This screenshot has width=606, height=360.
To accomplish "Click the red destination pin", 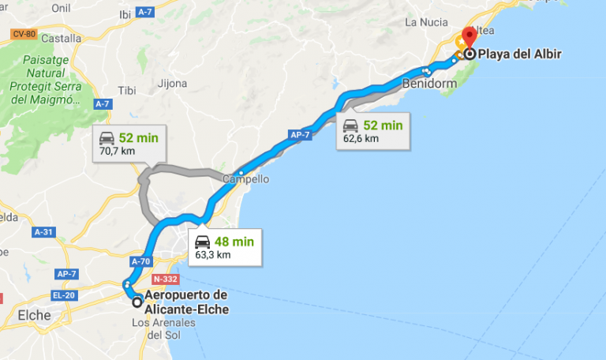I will coord(469,38).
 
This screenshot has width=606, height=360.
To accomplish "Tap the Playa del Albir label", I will coord(515,54).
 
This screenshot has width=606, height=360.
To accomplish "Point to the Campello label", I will coord(245,179).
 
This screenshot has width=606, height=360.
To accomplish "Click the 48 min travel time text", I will coord(234,242).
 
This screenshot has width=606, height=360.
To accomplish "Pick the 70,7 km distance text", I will coord(118,150).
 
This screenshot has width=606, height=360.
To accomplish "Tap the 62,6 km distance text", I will coord(361,138).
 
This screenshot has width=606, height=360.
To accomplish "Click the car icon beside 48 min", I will coord(203,242).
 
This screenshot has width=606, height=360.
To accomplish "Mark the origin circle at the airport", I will coord(137,302).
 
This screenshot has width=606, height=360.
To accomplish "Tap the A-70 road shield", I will coord(141,261).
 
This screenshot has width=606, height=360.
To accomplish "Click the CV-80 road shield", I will coord(25,34).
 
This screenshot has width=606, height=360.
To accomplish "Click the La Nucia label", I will coord(427,22).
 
